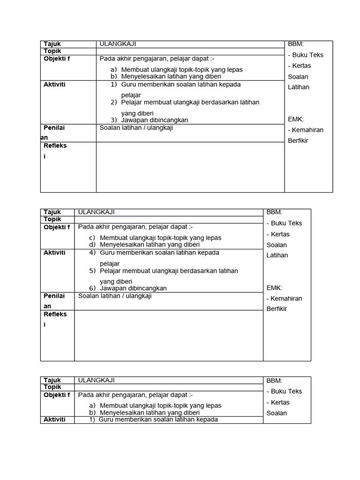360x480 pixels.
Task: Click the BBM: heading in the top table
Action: click(x=296, y=44)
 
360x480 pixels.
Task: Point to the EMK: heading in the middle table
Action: click(x=274, y=288)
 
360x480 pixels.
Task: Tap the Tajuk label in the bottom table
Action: click(x=52, y=380)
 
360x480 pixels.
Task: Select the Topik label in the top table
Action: click(x=52, y=51)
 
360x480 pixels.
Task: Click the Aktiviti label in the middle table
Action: click(x=54, y=253)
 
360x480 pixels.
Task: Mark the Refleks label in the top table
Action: click(x=55, y=146)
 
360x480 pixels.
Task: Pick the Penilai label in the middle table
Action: click(x=54, y=296)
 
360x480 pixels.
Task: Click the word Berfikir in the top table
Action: click(x=298, y=141)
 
